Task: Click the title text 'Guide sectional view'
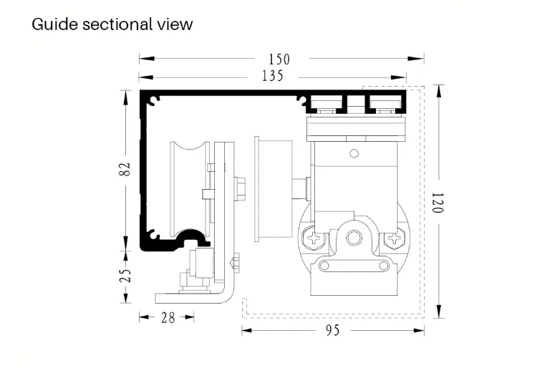click(x=112, y=24)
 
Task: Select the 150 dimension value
click(x=279, y=59)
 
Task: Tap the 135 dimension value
click(x=273, y=76)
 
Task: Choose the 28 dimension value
click(x=168, y=317)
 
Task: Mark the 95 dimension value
click(x=333, y=330)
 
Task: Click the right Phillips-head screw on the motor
click(x=392, y=238)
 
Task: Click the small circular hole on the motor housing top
click(x=353, y=152)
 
